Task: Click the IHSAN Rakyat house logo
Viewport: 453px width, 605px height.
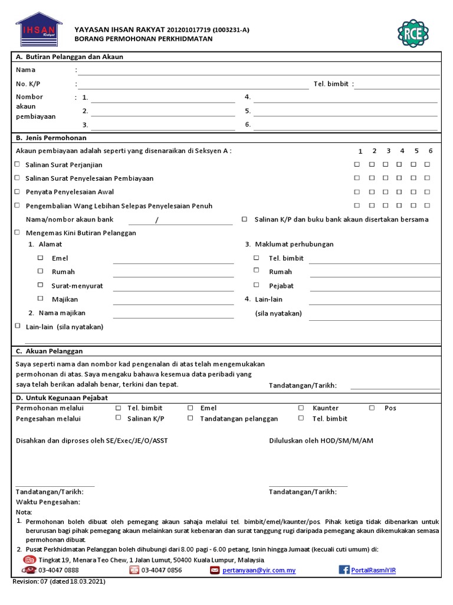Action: (39, 30)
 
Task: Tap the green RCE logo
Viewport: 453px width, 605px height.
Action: (413, 33)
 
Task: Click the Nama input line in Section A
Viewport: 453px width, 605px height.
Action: (258, 70)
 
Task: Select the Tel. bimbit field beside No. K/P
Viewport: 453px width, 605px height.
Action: (396, 84)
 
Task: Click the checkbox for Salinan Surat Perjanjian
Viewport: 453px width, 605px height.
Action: (17, 164)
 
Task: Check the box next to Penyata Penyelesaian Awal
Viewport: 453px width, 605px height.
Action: (17, 191)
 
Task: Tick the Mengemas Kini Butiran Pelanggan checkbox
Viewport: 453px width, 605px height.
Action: (17, 233)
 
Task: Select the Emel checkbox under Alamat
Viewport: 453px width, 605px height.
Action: (41, 258)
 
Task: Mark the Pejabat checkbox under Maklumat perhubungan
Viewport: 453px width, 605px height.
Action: (257, 285)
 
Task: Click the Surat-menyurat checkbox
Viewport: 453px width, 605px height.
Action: (41, 285)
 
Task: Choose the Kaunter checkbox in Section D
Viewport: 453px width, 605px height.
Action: (301, 408)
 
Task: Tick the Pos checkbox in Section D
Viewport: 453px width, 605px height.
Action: (372, 408)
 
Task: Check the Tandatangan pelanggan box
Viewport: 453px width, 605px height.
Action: (190, 418)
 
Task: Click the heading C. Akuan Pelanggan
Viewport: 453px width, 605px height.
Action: (50, 351)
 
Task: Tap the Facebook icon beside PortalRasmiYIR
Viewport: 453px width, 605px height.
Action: (344, 570)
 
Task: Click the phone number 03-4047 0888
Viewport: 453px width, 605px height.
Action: (58, 570)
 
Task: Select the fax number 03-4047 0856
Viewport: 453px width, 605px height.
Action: (162, 570)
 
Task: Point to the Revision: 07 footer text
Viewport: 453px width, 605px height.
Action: (59, 581)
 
